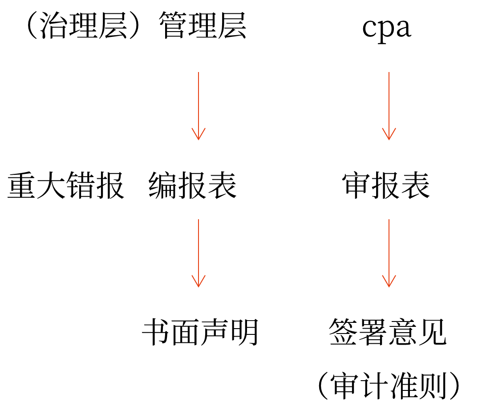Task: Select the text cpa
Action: (x=386, y=28)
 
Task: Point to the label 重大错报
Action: (x=65, y=185)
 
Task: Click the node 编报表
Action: (x=192, y=185)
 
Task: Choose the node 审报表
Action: (x=386, y=185)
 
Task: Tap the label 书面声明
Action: (x=200, y=333)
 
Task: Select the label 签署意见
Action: (x=387, y=333)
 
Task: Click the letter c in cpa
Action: (x=369, y=28)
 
